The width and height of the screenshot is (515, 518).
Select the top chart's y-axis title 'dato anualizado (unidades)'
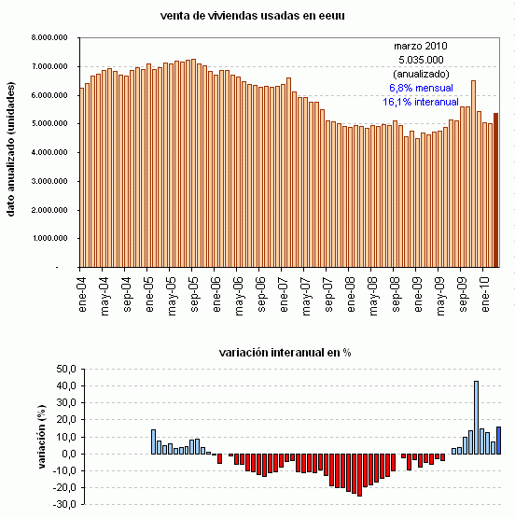click(x=12, y=154)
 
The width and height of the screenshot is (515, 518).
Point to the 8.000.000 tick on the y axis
click(x=53, y=38)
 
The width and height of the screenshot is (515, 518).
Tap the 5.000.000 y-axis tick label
click(x=53, y=124)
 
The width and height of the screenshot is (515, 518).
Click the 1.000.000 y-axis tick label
click(x=53, y=239)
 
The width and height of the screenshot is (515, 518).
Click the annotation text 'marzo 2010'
click(x=421, y=45)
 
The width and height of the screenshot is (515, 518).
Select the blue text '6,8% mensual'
click(x=421, y=87)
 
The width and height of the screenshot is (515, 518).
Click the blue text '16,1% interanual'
click(x=421, y=101)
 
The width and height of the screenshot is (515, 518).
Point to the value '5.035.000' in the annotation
click(x=421, y=59)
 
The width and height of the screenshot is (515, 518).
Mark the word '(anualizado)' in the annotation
click(x=421, y=73)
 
